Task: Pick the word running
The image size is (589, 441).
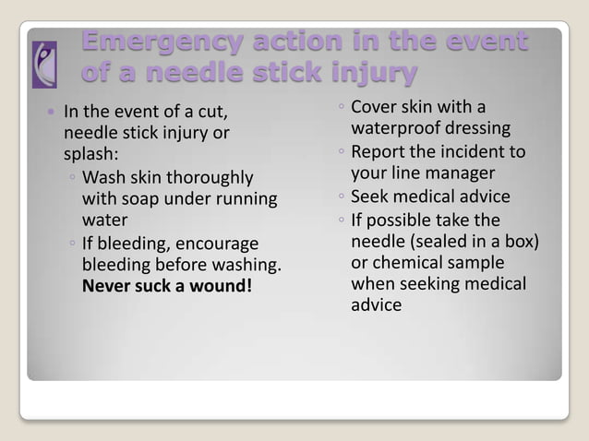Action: pyautogui.click(x=246, y=198)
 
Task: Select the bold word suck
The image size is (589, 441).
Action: pyautogui.click(x=154, y=287)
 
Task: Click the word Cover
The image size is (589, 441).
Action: pyautogui.click(x=375, y=107)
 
